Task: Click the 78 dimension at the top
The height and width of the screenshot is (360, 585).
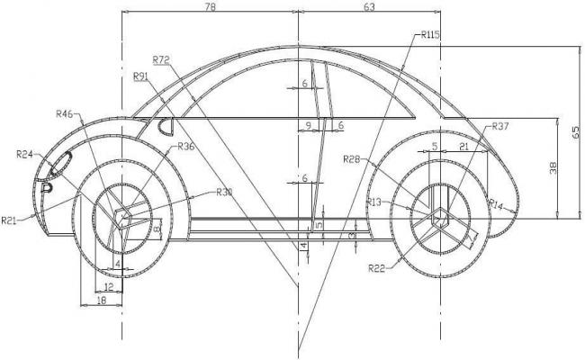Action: [211, 6]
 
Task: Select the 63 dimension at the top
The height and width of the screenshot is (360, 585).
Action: [369, 6]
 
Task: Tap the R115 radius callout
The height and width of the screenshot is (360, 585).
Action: [428, 35]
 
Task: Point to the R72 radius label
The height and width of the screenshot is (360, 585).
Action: [161, 59]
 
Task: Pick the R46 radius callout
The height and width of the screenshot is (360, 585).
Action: [65, 113]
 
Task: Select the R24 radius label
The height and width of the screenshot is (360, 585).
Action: [25, 155]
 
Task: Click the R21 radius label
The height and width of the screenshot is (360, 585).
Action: [10, 220]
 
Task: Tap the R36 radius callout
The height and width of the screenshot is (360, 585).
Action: [185, 146]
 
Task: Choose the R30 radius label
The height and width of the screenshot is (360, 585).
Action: [224, 192]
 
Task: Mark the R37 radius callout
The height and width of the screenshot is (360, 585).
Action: [500, 127]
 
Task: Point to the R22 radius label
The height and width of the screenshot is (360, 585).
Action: [377, 267]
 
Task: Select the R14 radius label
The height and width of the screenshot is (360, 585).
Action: [496, 206]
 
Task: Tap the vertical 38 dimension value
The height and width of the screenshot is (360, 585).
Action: [553, 166]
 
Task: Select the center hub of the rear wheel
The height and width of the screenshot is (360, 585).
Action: [438, 214]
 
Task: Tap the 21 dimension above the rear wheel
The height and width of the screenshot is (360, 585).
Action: [463, 145]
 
